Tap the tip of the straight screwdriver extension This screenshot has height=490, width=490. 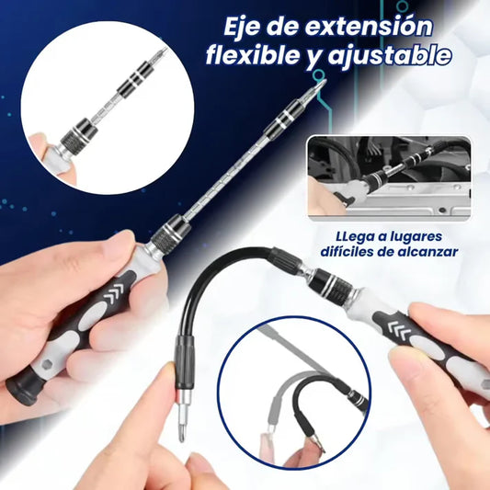click(323, 85)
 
